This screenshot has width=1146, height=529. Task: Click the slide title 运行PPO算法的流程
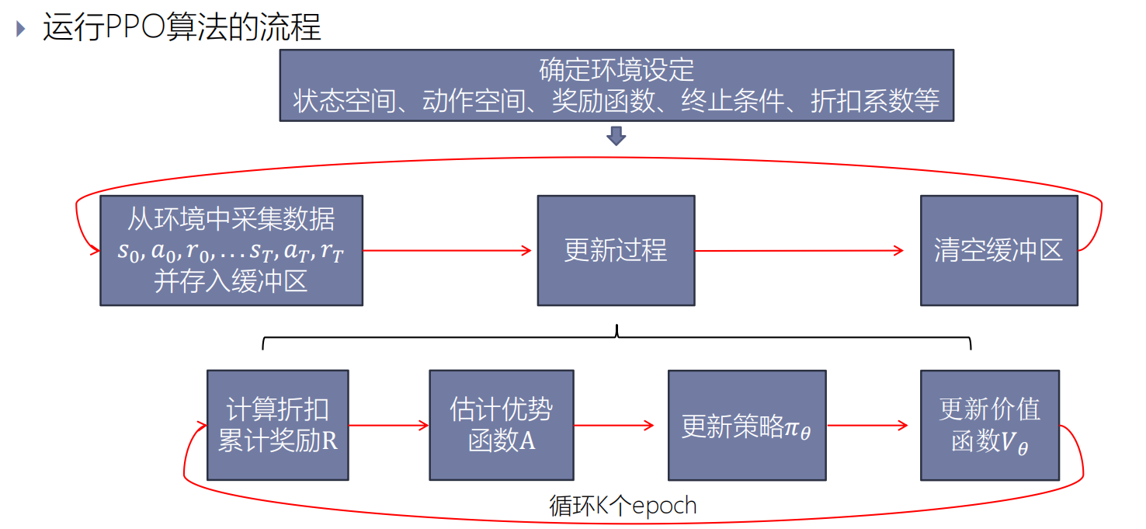click(x=182, y=27)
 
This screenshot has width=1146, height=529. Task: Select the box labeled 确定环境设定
click(x=616, y=85)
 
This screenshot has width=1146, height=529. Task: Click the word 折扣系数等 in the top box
click(x=874, y=102)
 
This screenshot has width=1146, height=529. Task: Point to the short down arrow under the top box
click(x=616, y=137)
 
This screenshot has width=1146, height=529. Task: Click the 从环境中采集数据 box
click(x=231, y=250)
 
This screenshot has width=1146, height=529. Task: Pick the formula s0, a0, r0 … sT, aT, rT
click(x=231, y=251)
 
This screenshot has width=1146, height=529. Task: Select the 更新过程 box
click(x=616, y=250)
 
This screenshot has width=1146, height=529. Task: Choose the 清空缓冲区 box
click(x=998, y=250)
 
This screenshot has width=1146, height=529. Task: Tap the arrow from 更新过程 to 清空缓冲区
click(x=800, y=250)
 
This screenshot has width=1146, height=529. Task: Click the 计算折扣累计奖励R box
click(x=278, y=425)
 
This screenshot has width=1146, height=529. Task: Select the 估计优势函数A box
click(x=502, y=425)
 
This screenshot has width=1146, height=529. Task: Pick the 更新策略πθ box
click(x=747, y=425)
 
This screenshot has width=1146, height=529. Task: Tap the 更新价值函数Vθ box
click(x=990, y=425)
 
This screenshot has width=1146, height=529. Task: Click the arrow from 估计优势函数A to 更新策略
click(x=613, y=425)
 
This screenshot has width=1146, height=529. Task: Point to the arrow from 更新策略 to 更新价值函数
click(x=866, y=425)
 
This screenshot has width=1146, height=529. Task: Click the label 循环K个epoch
click(x=623, y=506)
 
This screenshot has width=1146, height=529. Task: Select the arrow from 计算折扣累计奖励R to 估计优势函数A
click(x=388, y=425)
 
